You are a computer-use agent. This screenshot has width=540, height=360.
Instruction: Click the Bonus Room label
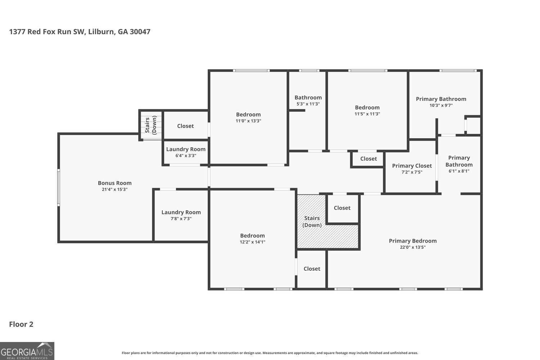tap(114, 183)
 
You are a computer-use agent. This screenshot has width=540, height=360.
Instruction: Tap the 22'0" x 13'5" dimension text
tap(413, 247)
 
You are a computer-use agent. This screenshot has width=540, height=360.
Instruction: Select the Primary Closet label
tap(412, 166)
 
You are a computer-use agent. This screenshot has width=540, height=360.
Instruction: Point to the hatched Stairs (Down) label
tap(312, 222)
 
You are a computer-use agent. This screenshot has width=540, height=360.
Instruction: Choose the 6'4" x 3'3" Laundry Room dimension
tap(186, 156)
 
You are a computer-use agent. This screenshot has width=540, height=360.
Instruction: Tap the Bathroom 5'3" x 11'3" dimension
tap(308, 104)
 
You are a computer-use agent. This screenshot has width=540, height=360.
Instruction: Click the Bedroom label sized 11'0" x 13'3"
tap(248, 114)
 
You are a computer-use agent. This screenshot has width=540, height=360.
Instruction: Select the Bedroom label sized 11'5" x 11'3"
tap(367, 108)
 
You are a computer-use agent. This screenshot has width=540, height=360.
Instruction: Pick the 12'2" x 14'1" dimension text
tap(252, 242)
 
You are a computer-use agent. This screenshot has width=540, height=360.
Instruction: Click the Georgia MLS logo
tap(27, 351)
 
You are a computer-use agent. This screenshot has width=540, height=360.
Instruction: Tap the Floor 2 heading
tap(21, 324)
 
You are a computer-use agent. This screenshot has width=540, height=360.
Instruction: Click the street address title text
tap(80, 32)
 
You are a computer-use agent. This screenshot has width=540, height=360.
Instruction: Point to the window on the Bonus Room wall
tap(58, 188)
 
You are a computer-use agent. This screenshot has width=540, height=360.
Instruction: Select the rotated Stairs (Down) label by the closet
tap(151, 125)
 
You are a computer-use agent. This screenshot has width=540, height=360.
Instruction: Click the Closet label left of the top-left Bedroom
tap(185, 126)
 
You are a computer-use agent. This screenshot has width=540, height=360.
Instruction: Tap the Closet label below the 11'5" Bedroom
tap(368, 159)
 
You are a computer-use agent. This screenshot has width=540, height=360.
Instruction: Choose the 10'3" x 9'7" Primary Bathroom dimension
tap(441, 105)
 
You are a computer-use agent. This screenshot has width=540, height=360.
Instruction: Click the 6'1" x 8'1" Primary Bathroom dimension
tap(459, 171)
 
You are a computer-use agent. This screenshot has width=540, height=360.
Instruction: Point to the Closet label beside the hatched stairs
tap(342, 208)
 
